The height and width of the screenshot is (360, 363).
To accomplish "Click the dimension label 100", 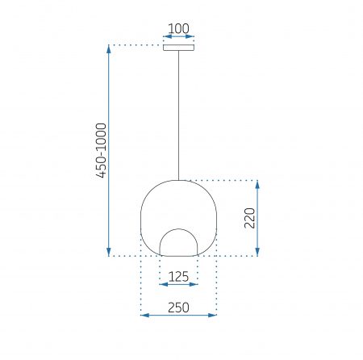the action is click(178, 28).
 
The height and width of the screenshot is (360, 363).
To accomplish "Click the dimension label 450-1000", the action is click(102, 151).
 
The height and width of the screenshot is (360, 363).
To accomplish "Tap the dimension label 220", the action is click(249, 218).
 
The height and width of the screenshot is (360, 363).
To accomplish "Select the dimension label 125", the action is click(178, 277).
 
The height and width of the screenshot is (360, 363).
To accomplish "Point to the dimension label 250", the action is click(178, 308).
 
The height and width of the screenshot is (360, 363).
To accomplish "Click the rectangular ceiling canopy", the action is click(179, 48).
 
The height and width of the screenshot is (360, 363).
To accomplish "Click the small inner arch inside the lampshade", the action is click(178, 229).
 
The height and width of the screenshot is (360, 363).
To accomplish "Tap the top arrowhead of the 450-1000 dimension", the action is click(109, 49).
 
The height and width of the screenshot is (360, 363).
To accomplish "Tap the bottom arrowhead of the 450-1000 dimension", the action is click(109, 252).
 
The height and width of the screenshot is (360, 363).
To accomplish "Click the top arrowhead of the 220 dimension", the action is click(257, 185).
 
